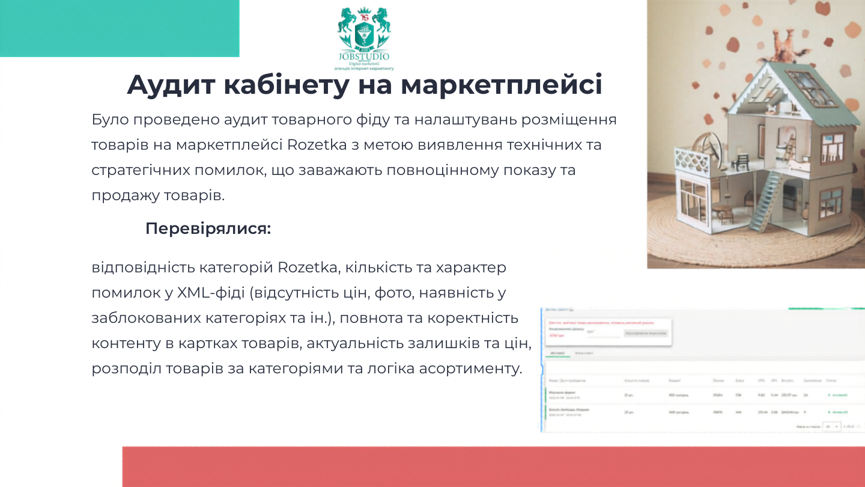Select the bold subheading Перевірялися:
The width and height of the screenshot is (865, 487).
(x=208, y=229)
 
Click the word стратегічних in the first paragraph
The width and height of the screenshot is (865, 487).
(x=140, y=170)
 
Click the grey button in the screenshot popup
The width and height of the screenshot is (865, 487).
(x=645, y=332)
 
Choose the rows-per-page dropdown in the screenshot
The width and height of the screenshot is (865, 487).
(x=833, y=425)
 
